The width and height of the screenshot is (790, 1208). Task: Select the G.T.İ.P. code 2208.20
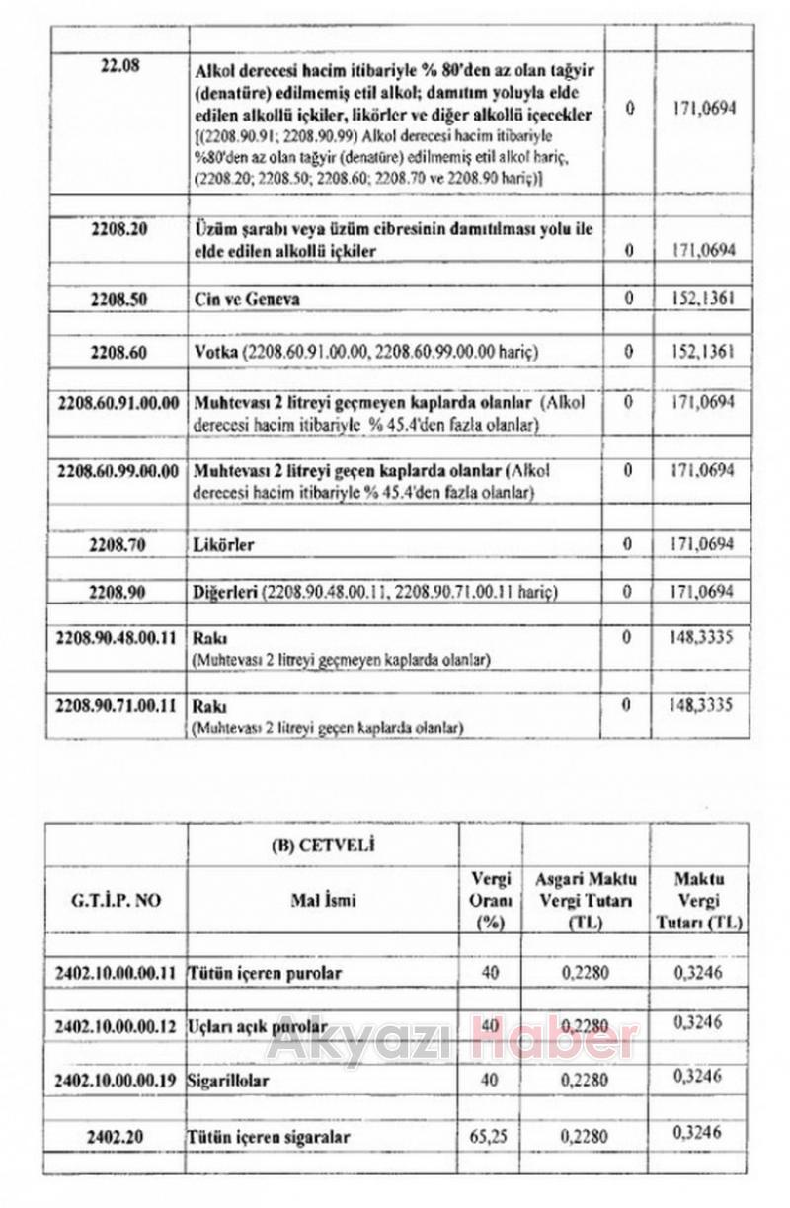(118, 230)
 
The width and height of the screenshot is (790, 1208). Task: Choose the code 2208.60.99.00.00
(118, 470)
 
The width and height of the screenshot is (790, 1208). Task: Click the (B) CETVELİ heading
(322, 846)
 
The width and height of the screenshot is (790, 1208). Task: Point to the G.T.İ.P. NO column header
(117, 901)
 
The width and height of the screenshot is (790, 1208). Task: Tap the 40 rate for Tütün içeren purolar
(490, 973)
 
